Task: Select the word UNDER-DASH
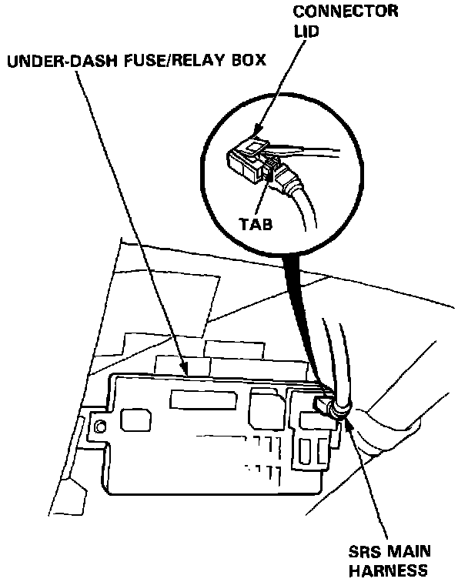49,62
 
